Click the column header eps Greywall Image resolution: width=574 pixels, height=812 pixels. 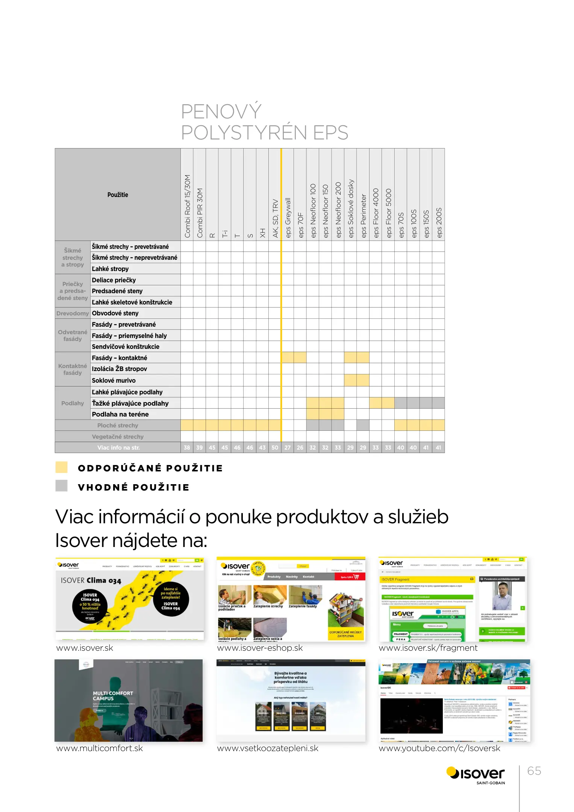tap(288, 217)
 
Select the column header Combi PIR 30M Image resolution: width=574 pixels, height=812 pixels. tap(200, 212)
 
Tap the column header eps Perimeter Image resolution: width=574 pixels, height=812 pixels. tap(363, 215)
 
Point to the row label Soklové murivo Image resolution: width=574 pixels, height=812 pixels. tap(114, 380)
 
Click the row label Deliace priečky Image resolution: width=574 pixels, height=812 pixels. tap(114, 280)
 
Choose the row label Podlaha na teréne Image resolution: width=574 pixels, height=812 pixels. tap(120, 414)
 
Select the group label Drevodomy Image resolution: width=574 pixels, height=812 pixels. tap(73, 313)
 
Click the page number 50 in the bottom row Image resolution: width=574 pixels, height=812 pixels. tap(275, 448)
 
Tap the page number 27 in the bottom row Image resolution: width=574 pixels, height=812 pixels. tap(288, 448)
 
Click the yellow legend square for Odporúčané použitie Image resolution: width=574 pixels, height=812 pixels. tap(61, 467)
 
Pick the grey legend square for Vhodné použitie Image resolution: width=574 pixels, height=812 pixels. tap(61, 486)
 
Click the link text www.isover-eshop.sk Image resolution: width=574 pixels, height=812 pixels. tap(260, 648)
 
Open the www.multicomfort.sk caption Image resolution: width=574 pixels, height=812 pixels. tap(100, 748)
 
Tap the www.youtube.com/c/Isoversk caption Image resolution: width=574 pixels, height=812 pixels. tap(439, 748)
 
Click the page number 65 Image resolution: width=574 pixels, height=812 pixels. tap(534, 771)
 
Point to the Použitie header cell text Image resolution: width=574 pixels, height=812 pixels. tap(118, 195)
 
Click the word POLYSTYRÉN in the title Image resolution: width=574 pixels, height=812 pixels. tap(244, 133)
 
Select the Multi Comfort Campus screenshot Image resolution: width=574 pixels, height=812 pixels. tap(129, 700)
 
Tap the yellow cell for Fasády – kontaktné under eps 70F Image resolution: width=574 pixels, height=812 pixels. tap(300, 358)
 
